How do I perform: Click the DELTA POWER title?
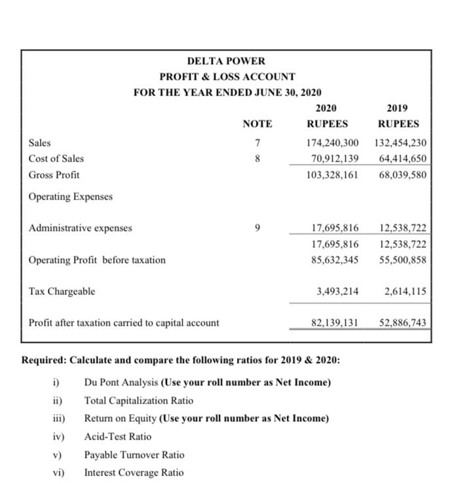point(226,61)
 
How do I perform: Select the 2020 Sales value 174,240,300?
point(332,143)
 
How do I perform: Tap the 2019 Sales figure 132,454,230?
point(401,143)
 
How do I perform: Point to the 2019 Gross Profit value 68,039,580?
point(401,175)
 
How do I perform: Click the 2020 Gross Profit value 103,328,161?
point(332,175)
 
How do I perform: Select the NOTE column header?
point(257,124)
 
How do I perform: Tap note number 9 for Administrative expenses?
point(258,228)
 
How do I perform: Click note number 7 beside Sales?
point(258,143)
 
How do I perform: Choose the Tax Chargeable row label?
point(62,291)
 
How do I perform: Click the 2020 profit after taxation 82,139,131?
point(334,322)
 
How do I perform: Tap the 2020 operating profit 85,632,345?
point(334,260)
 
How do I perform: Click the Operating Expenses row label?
point(70,196)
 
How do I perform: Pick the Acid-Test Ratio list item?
point(117,436)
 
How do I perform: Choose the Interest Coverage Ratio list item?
point(134,472)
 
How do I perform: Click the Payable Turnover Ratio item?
point(134,455)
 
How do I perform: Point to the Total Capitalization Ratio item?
point(138,400)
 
